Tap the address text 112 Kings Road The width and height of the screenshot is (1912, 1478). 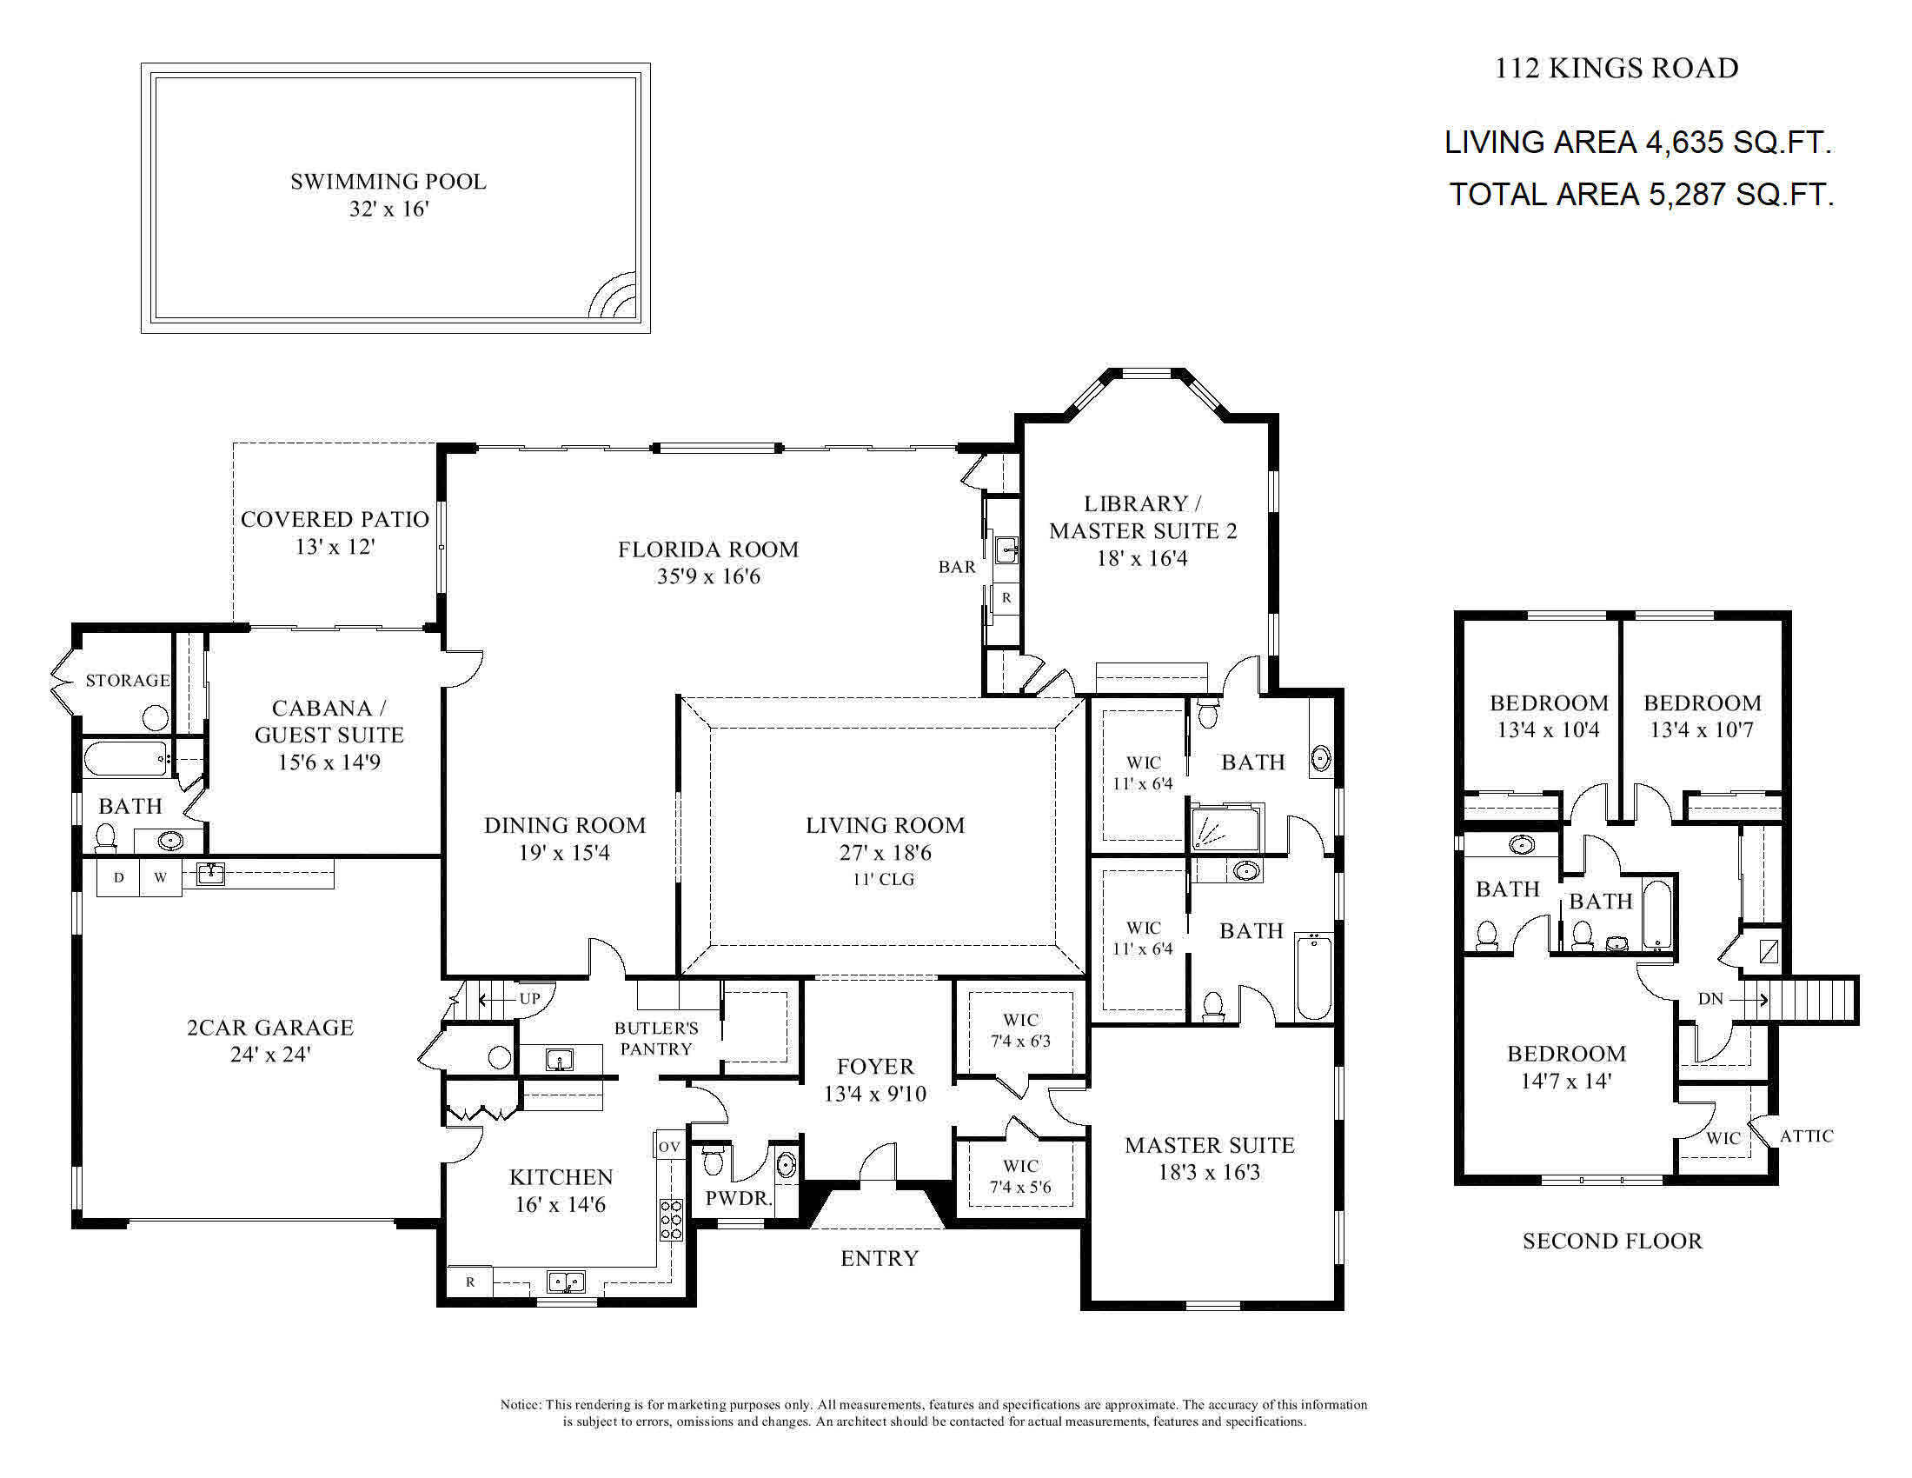click(1617, 69)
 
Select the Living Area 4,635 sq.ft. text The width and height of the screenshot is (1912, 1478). click(1638, 142)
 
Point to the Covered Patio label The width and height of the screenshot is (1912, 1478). click(335, 520)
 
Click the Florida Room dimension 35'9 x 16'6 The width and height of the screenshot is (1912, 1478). click(708, 577)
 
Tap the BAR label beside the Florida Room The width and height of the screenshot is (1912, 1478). click(957, 568)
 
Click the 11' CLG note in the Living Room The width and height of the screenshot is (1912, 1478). click(884, 880)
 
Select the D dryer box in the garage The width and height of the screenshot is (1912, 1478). click(119, 877)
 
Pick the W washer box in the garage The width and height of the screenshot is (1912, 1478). click(160, 877)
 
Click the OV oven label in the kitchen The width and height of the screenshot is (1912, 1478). click(669, 1146)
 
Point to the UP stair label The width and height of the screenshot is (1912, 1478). click(529, 999)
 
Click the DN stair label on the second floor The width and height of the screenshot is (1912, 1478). click(1710, 999)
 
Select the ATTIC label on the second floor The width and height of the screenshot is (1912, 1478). click(1806, 1136)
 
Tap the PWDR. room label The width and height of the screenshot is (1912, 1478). click(739, 1199)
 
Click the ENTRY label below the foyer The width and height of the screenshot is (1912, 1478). click(879, 1258)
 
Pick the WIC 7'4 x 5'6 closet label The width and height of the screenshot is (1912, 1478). click(1020, 1177)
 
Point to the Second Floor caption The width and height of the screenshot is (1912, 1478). click(1611, 1241)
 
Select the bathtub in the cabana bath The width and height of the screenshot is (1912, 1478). click(125, 758)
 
